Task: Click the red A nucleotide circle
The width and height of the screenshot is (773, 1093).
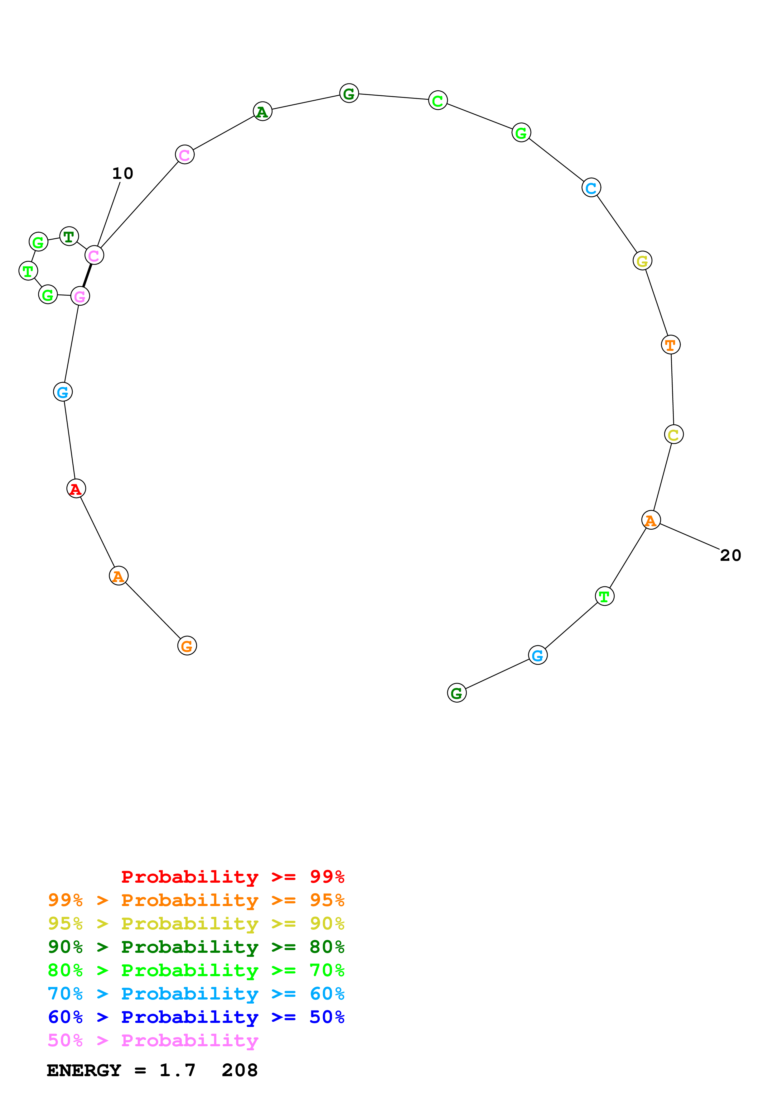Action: click(76, 489)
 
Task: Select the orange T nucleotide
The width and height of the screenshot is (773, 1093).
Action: click(671, 345)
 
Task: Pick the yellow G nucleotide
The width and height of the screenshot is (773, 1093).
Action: click(642, 261)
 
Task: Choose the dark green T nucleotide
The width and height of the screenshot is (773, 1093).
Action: click(69, 236)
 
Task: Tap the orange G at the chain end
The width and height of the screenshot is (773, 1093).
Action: click(187, 646)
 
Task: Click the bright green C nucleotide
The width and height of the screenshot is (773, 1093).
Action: click(438, 100)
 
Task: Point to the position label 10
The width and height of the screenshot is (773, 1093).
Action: click(123, 173)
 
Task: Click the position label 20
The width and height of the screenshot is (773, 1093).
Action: click(730, 556)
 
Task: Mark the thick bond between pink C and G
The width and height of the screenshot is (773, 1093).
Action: click(87, 276)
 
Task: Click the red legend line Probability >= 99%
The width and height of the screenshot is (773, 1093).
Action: click(232, 876)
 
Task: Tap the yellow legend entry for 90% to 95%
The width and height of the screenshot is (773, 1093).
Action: click(196, 923)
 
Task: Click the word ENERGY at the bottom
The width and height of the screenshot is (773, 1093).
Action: click(84, 1070)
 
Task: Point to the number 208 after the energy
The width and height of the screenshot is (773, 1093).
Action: click(239, 1070)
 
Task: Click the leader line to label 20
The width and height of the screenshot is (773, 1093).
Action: click(690, 537)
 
